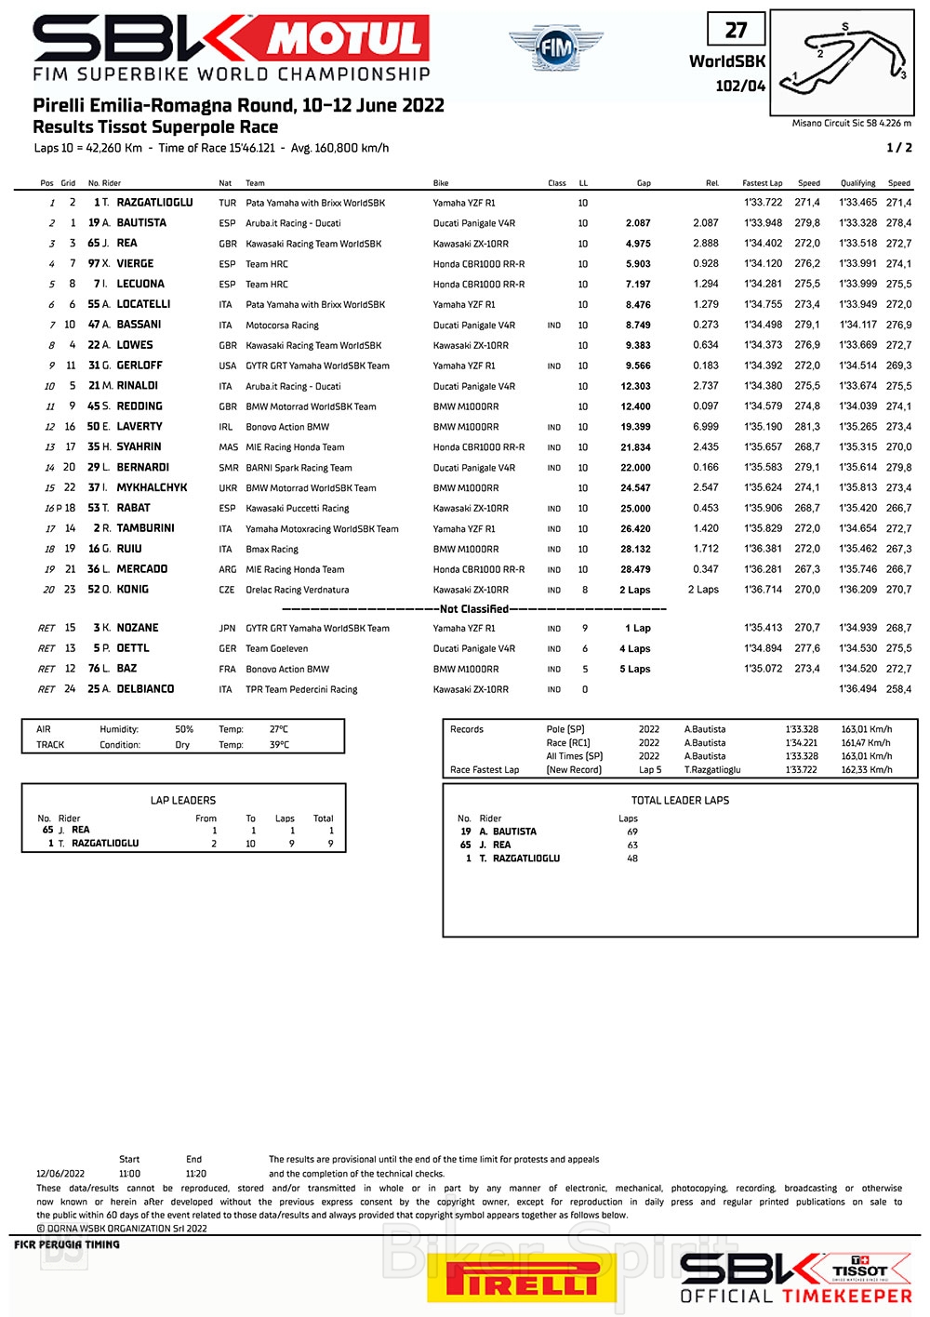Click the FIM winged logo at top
point(555,47)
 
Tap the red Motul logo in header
point(348,39)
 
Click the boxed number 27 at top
point(736,30)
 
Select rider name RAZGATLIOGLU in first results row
point(154,203)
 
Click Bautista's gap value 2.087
point(638,223)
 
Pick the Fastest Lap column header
point(762,183)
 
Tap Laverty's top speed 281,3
point(807,427)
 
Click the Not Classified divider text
point(473,609)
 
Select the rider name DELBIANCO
point(145,689)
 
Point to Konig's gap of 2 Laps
point(635,590)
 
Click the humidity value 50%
point(184,729)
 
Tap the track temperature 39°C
point(279,745)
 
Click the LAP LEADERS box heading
point(183,800)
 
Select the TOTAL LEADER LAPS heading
point(680,800)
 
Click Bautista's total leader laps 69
point(632,831)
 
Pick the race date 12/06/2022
point(60,1174)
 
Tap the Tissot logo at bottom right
point(860,1270)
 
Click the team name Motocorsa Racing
point(282,326)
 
